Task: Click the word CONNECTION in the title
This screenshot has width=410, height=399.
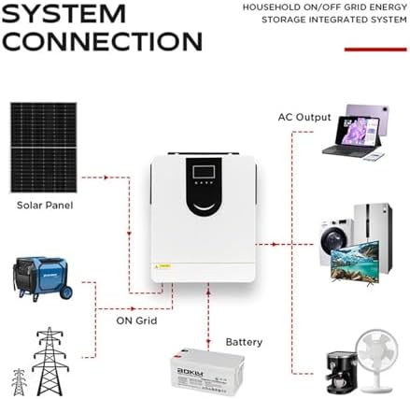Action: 102,41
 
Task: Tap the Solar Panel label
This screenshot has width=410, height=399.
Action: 44,205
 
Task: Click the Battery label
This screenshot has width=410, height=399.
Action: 244,343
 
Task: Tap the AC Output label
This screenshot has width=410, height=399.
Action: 304,118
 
